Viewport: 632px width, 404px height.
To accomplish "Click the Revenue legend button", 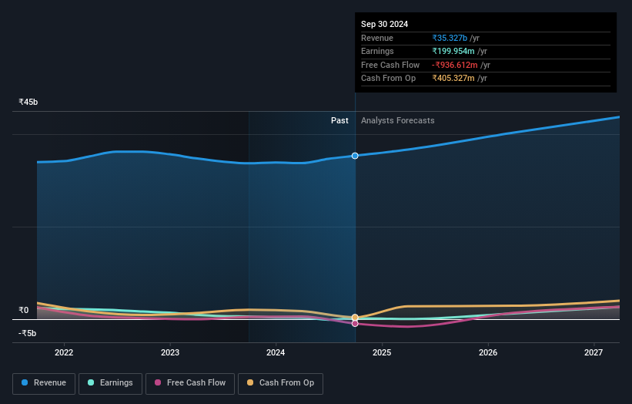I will [x=45, y=383].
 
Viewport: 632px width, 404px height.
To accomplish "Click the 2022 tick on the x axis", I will [x=64, y=353].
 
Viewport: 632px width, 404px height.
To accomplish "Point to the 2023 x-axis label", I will [x=170, y=353].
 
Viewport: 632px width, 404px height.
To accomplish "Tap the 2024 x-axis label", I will [x=276, y=353].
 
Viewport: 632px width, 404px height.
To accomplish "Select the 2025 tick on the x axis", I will [x=382, y=353].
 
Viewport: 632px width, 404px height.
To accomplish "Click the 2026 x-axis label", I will [x=487, y=353].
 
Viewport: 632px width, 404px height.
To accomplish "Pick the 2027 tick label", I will [x=594, y=353].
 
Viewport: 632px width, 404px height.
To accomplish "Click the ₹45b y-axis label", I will [x=28, y=102].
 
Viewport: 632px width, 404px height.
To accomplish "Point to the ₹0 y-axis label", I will [x=24, y=311].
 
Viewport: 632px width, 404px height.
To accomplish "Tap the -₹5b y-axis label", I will [x=28, y=333].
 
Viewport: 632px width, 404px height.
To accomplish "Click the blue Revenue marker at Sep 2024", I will [x=355, y=156].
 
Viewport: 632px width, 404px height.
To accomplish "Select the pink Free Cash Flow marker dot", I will [x=355, y=324].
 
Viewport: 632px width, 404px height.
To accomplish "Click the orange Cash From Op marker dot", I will [x=355, y=317].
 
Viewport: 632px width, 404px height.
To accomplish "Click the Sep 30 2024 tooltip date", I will [x=384, y=24].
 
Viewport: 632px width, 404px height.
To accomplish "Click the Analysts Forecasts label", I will [x=397, y=120].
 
